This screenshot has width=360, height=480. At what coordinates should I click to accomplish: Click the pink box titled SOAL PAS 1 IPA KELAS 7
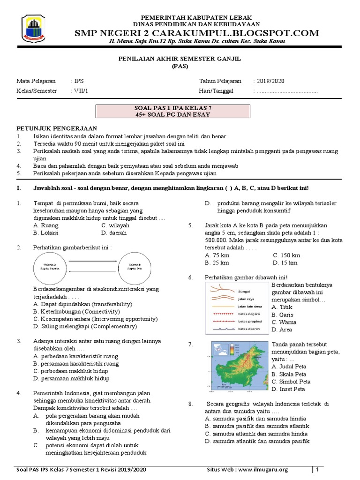172,111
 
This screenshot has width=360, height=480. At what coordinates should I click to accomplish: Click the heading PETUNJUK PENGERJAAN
57,128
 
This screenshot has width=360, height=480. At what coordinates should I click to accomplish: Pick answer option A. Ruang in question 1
46,225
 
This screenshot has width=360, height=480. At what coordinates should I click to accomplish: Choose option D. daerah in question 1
114,232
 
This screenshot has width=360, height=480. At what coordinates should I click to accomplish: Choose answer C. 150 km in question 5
286,255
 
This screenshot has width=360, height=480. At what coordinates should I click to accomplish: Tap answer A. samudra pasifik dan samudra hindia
256,419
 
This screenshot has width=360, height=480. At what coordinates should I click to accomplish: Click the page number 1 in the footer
317,470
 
